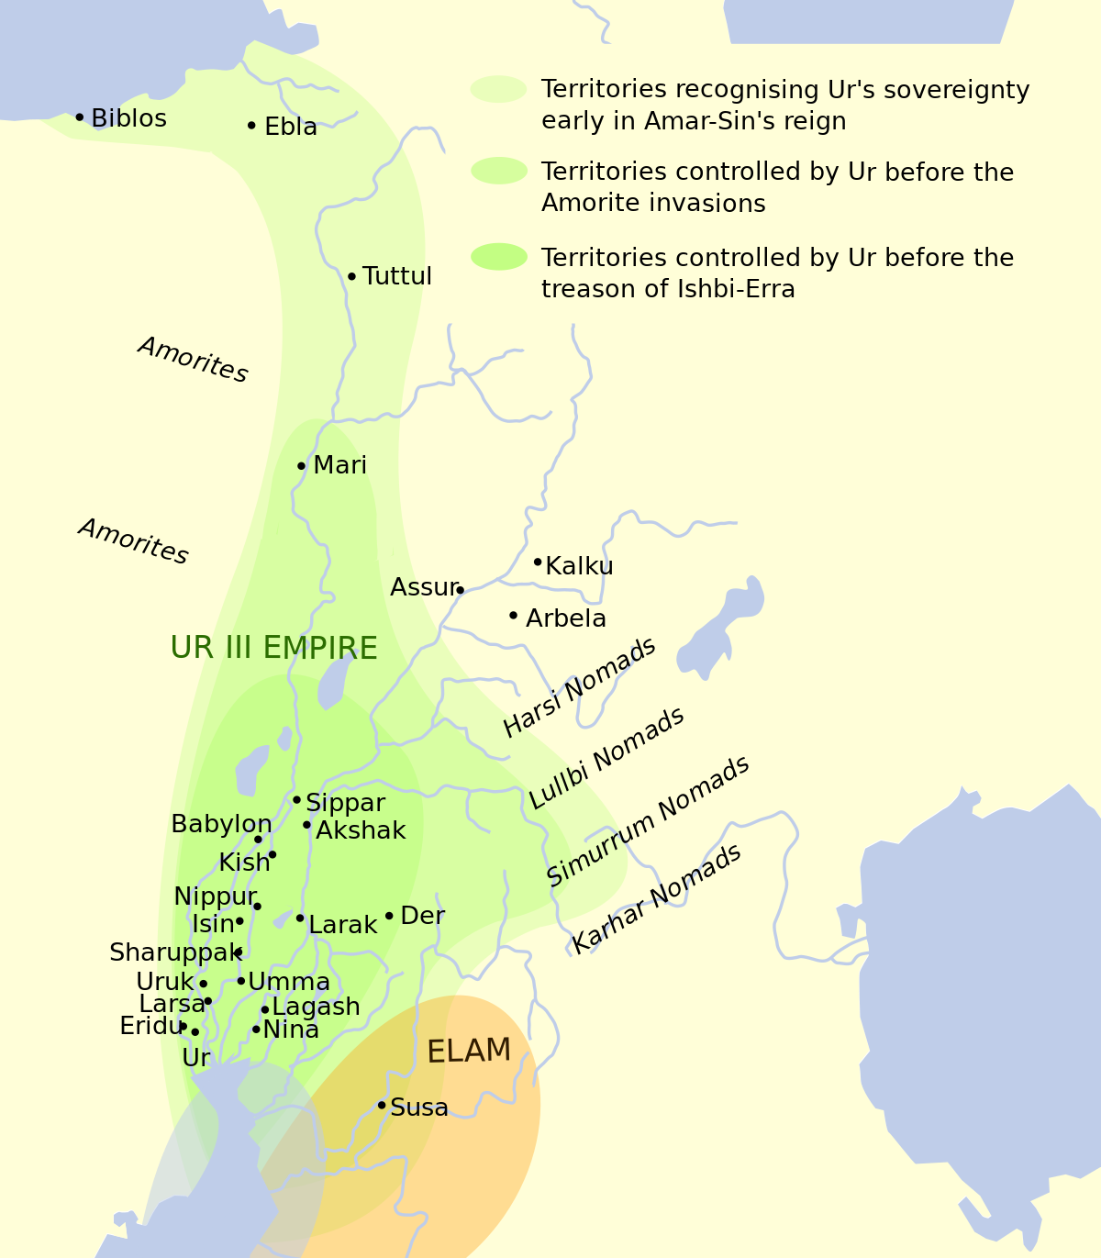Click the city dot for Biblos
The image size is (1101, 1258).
click(x=80, y=117)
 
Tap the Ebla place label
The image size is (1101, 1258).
click(x=290, y=127)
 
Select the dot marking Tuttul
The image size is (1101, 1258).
click(x=351, y=276)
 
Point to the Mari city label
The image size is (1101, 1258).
click(x=339, y=465)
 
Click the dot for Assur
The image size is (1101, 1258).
click(x=460, y=590)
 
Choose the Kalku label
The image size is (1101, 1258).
click(x=579, y=566)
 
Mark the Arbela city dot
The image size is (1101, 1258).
click(x=513, y=616)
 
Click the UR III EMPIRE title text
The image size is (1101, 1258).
click(x=273, y=648)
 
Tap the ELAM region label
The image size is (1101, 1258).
click(x=469, y=1051)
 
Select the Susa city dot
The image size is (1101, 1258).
click(x=382, y=1105)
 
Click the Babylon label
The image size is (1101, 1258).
click(x=221, y=824)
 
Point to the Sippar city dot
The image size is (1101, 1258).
click(x=296, y=800)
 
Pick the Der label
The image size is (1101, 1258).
click(x=422, y=916)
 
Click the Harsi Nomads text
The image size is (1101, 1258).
click(x=580, y=686)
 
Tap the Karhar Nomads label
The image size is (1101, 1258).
click(x=656, y=899)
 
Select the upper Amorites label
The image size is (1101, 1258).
click(x=193, y=360)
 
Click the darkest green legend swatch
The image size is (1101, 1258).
click(x=499, y=257)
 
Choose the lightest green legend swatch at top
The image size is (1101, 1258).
click(x=499, y=89)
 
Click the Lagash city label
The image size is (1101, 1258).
click(x=316, y=1007)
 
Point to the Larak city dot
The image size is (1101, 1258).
click(x=300, y=918)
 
